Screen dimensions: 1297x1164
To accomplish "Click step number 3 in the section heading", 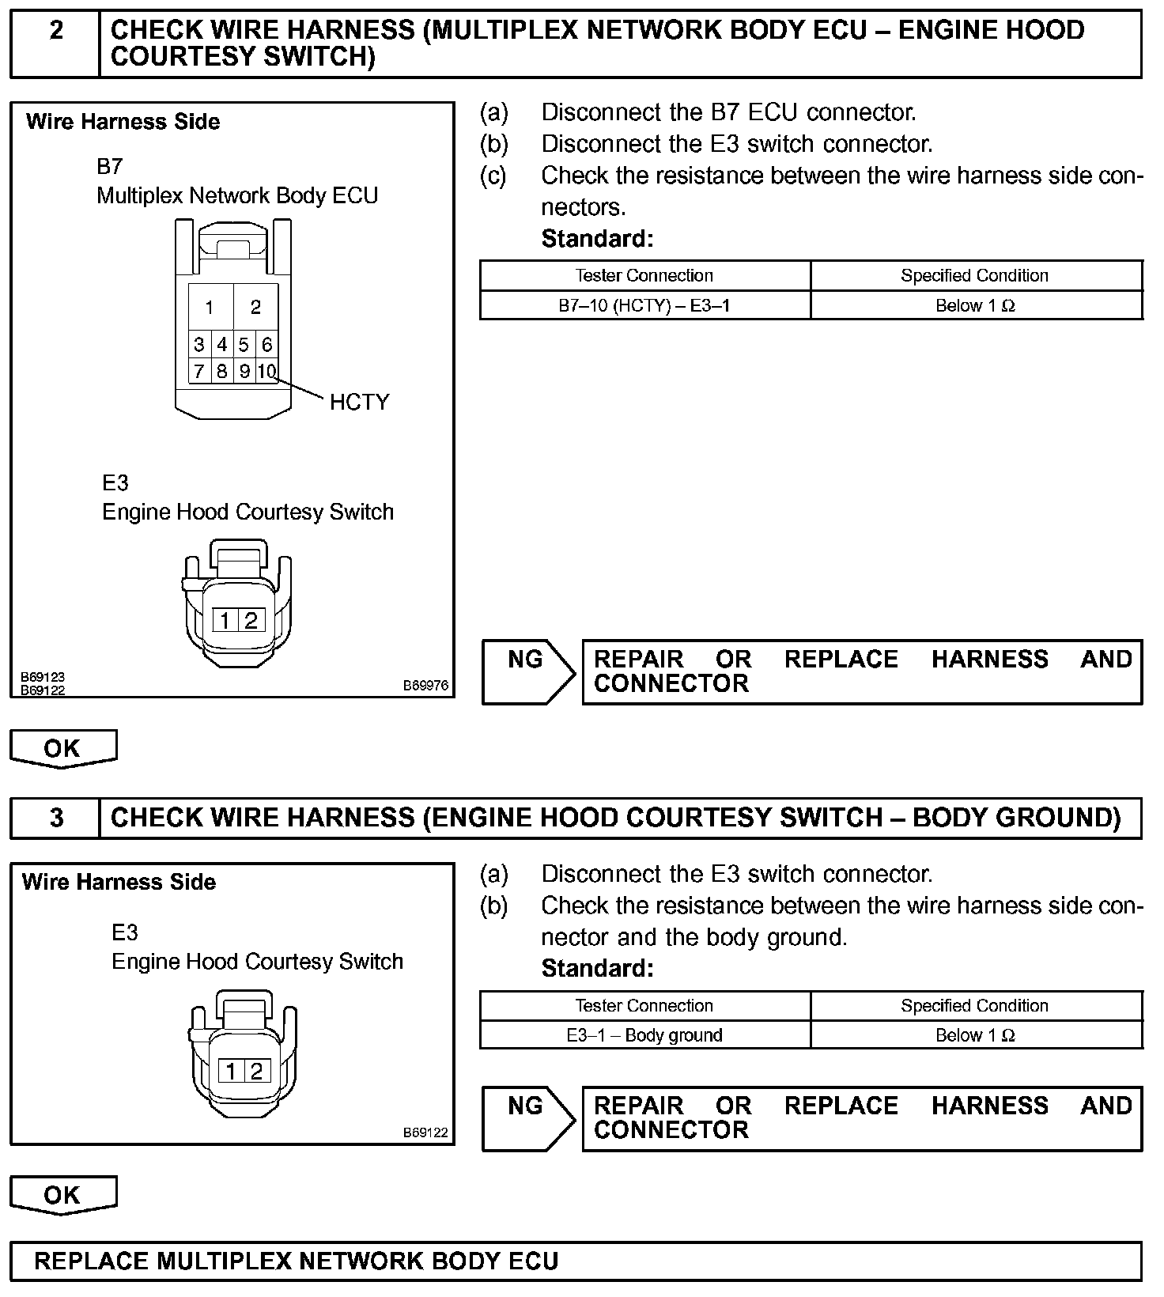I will click(x=56, y=817).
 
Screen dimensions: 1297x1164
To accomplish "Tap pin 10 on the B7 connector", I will click(x=267, y=371).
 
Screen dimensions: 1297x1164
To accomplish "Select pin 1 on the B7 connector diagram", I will click(x=210, y=307).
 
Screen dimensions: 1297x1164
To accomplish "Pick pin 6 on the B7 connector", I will click(x=267, y=345).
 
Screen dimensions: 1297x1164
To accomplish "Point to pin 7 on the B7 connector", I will click(x=199, y=371).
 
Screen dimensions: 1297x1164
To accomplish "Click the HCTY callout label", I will click(x=359, y=402).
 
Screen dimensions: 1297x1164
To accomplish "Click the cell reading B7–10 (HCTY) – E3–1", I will click(x=644, y=305).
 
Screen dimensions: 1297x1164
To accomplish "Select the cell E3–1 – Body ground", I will click(x=644, y=1035).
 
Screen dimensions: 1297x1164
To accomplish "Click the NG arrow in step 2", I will click(x=528, y=671).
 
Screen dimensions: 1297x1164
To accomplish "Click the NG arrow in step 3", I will click(x=528, y=1117).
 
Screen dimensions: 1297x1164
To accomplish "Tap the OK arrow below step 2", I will click(x=62, y=748).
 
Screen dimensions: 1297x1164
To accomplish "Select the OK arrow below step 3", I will click(x=62, y=1194).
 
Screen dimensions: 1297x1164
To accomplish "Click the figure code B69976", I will click(x=425, y=686).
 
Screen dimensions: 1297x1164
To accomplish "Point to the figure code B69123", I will click(x=43, y=677).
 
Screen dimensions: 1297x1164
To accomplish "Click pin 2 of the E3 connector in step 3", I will click(x=256, y=1071).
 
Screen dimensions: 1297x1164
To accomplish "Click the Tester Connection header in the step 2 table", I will click(x=644, y=275).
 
